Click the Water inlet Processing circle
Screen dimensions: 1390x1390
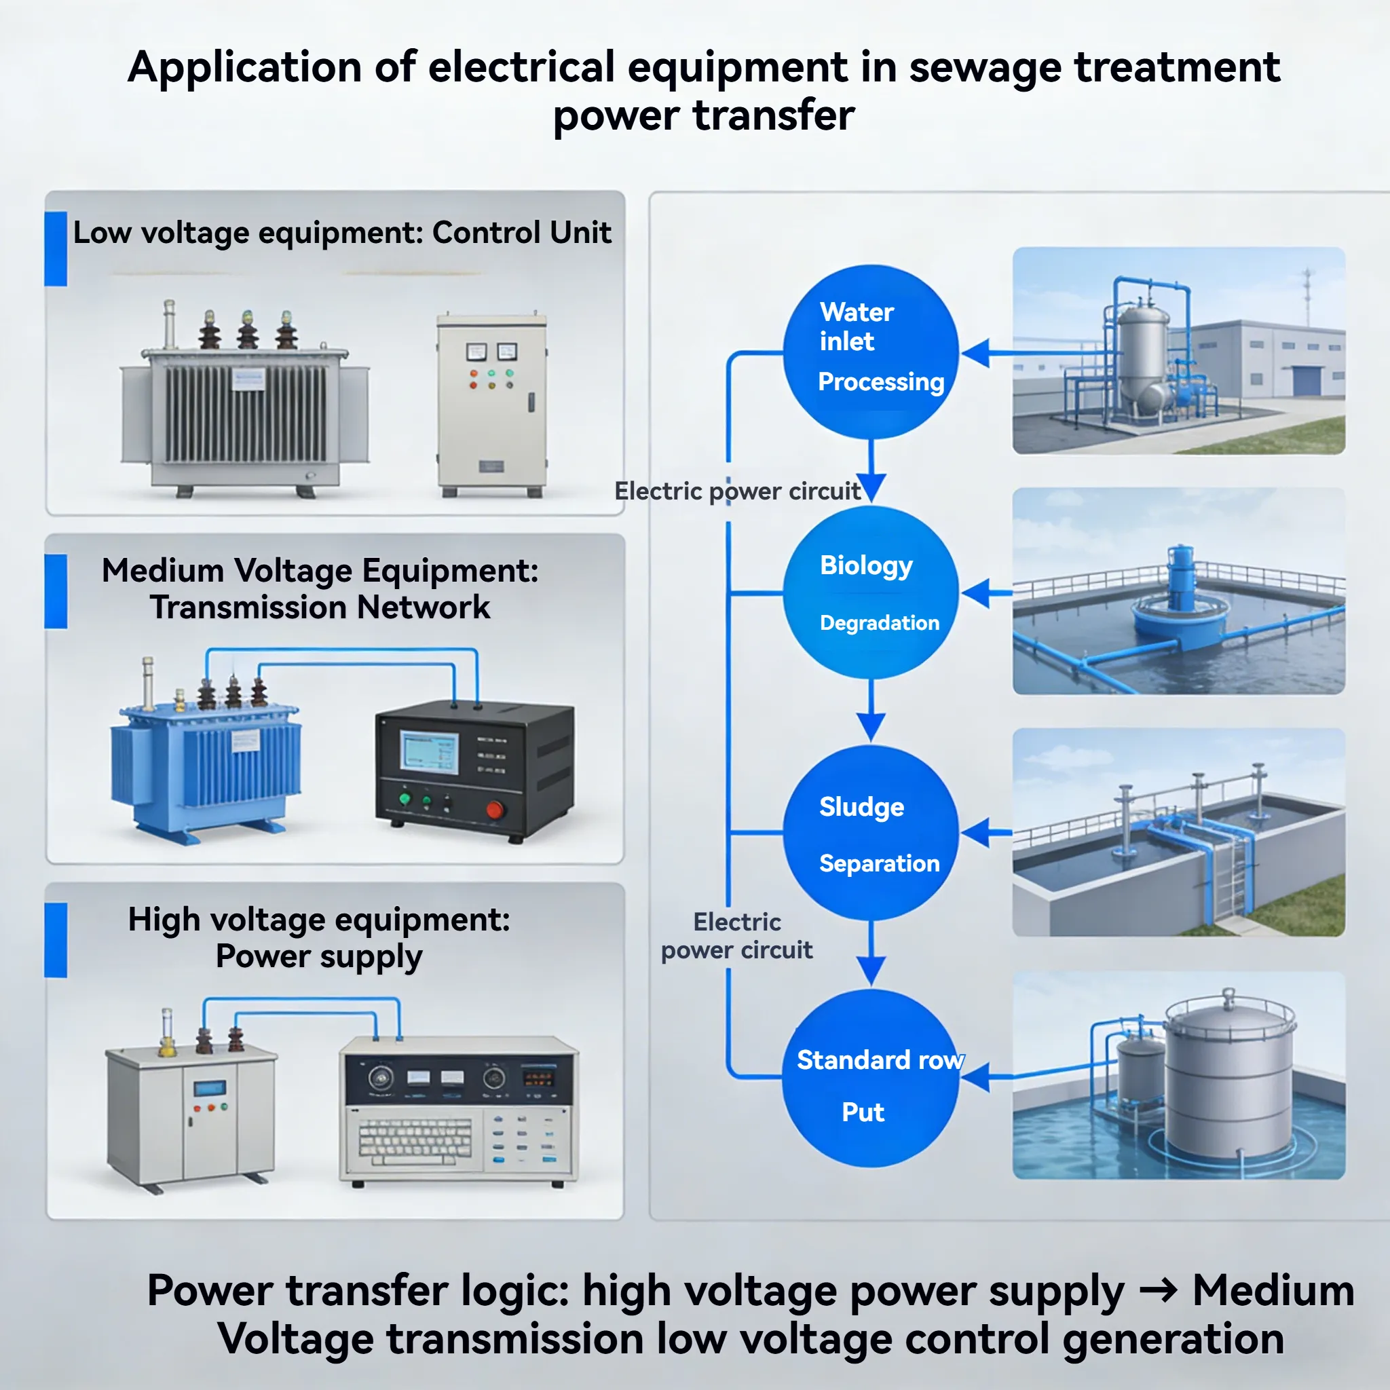point(871,352)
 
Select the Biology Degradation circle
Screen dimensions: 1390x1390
point(871,592)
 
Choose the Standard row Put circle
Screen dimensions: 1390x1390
point(871,1077)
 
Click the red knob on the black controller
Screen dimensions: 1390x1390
point(495,810)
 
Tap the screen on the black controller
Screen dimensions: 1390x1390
point(429,753)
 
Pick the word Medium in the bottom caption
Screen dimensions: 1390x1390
point(1273,1290)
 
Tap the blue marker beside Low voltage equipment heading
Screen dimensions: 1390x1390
point(56,248)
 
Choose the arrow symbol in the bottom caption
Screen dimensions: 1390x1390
point(1159,1291)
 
